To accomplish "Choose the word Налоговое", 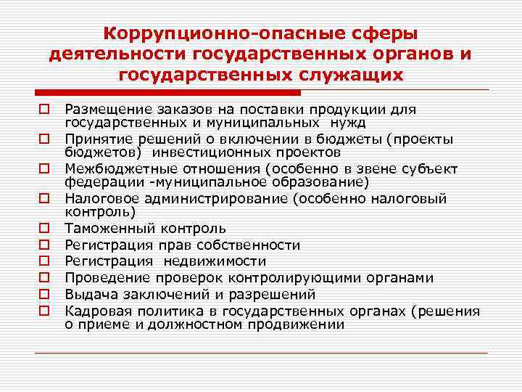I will tap(96, 199).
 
